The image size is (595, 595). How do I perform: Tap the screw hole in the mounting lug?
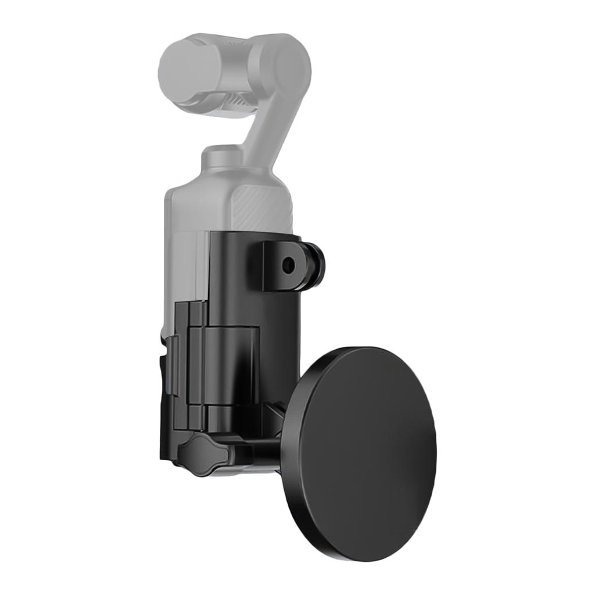tap(288, 266)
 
